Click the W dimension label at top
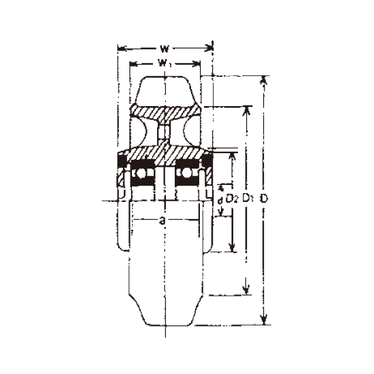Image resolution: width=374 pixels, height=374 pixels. click(x=165, y=49)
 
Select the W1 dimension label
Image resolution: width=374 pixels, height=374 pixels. click(x=165, y=63)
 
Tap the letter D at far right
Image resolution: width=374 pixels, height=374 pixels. click(x=263, y=199)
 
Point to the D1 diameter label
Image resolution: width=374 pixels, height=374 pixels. click(x=248, y=199)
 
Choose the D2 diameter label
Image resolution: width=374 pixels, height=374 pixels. click(x=232, y=199)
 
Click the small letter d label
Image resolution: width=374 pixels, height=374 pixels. click(x=220, y=201)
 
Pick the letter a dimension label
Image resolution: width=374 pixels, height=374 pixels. click(x=163, y=220)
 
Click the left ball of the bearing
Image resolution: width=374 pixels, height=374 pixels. click(x=139, y=173)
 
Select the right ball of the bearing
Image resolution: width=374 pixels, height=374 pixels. click(x=188, y=173)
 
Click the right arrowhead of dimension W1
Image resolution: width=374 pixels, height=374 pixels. click(x=197, y=64)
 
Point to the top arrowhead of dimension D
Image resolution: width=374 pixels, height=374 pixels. click(x=264, y=80)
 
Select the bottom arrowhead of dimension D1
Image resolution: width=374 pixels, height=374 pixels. click(x=246, y=290)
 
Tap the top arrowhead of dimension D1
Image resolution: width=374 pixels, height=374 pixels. click(x=246, y=110)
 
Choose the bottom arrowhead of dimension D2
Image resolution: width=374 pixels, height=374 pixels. click(x=232, y=248)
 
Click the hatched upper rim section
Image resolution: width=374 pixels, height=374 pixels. click(x=165, y=112)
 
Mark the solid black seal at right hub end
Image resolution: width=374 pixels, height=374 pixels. click(x=207, y=160)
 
